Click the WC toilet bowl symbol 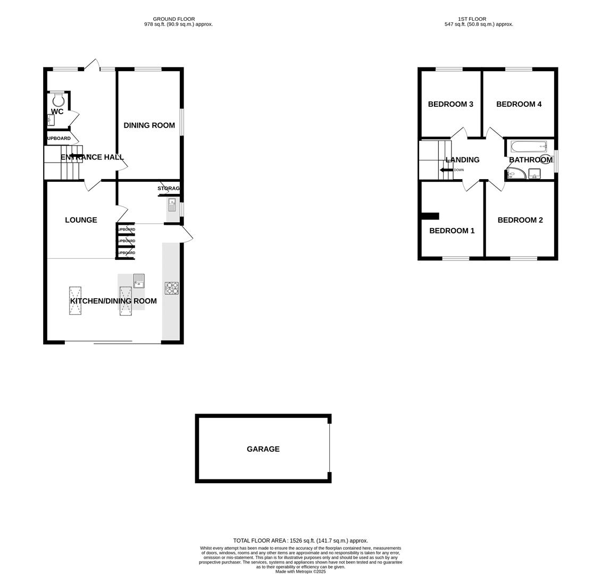click(x=58, y=99)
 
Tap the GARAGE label click(x=263, y=449)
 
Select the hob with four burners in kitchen click(x=171, y=288)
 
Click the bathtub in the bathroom click(x=529, y=146)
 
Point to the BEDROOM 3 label click(x=450, y=104)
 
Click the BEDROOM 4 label click(x=519, y=104)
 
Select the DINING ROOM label click(x=149, y=125)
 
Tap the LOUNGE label click(x=81, y=220)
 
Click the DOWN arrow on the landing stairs click(x=446, y=170)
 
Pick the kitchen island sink click(x=139, y=281)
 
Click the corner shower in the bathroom click(x=514, y=174)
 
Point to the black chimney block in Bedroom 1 click(x=429, y=216)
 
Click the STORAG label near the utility click(x=169, y=188)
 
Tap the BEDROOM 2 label click(x=520, y=220)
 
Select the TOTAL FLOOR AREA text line click(x=300, y=541)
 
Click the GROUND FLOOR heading click(x=173, y=19)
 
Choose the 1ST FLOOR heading click(x=472, y=19)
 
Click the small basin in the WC click(x=51, y=121)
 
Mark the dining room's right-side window click(x=181, y=122)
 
